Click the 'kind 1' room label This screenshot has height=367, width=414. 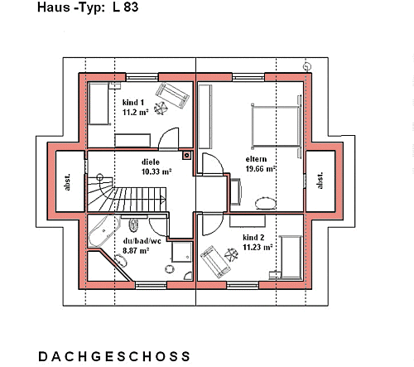coord(133,103)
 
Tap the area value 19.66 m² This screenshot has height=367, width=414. coord(261,169)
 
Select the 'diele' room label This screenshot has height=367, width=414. coord(151,162)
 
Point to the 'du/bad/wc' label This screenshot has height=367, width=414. coord(142,241)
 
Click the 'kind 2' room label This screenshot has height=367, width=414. coord(253,237)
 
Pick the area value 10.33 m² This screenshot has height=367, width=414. coord(156,171)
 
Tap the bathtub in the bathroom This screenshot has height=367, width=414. coord(104,231)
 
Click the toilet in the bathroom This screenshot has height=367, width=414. coord(133,225)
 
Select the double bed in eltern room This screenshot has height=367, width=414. coord(276,126)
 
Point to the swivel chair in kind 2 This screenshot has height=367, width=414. coord(231,255)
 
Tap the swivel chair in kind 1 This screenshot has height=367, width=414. coord(161,108)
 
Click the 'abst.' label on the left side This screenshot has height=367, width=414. coord(67,182)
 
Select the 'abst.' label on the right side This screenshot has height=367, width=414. coord(320,181)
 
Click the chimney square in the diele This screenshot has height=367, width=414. coord(187,155)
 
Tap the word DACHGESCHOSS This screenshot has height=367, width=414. coord(114,356)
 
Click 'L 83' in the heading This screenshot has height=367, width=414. coord(125,7)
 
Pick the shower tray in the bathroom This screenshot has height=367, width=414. coord(181,252)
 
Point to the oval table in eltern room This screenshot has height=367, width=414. coord(266,204)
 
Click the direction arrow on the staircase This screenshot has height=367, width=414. coord(162,199)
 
